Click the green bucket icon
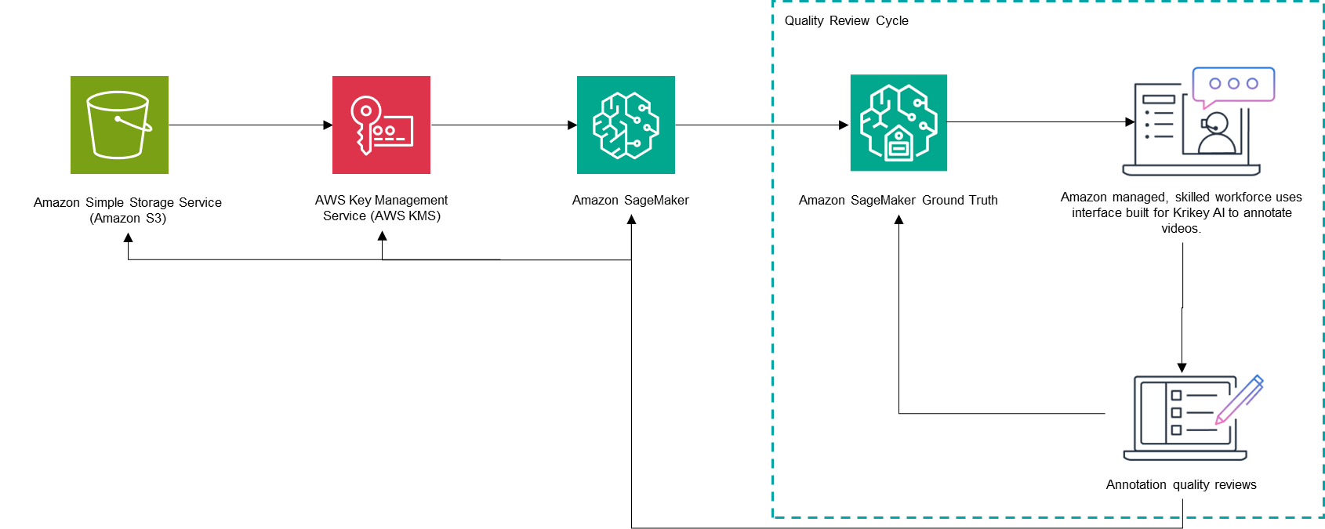click(119, 125)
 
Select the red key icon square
click(381, 125)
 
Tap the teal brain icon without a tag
click(626, 125)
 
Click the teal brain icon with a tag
click(898, 122)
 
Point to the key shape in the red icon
click(364, 122)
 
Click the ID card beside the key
click(393, 132)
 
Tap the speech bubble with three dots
click(1233, 85)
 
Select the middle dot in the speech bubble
click(1233, 84)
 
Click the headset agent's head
click(1216, 123)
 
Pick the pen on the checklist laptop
click(1240, 399)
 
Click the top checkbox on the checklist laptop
click(1176, 396)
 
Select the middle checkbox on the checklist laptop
click(1176, 413)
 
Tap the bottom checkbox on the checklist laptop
click(1176, 430)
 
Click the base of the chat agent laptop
click(1191, 170)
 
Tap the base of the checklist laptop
click(1185, 455)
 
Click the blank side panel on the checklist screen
click(1153, 413)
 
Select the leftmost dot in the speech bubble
click(1215, 84)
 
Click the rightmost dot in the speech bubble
click(1252, 84)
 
